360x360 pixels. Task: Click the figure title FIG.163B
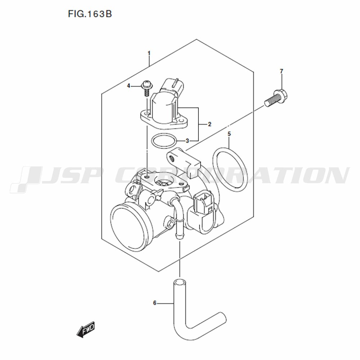pyautogui.click(x=90, y=14)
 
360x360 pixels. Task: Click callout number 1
pyautogui.click(x=149, y=53)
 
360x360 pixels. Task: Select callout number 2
pyautogui.click(x=210, y=125)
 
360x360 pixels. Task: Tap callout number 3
pyautogui.click(x=187, y=141)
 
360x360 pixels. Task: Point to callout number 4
pyautogui.click(x=129, y=86)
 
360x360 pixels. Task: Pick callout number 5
pyautogui.click(x=229, y=134)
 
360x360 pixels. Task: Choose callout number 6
pyautogui.click(x=155, y=303)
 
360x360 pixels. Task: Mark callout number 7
pyautogui.click(x=282, y=71)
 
